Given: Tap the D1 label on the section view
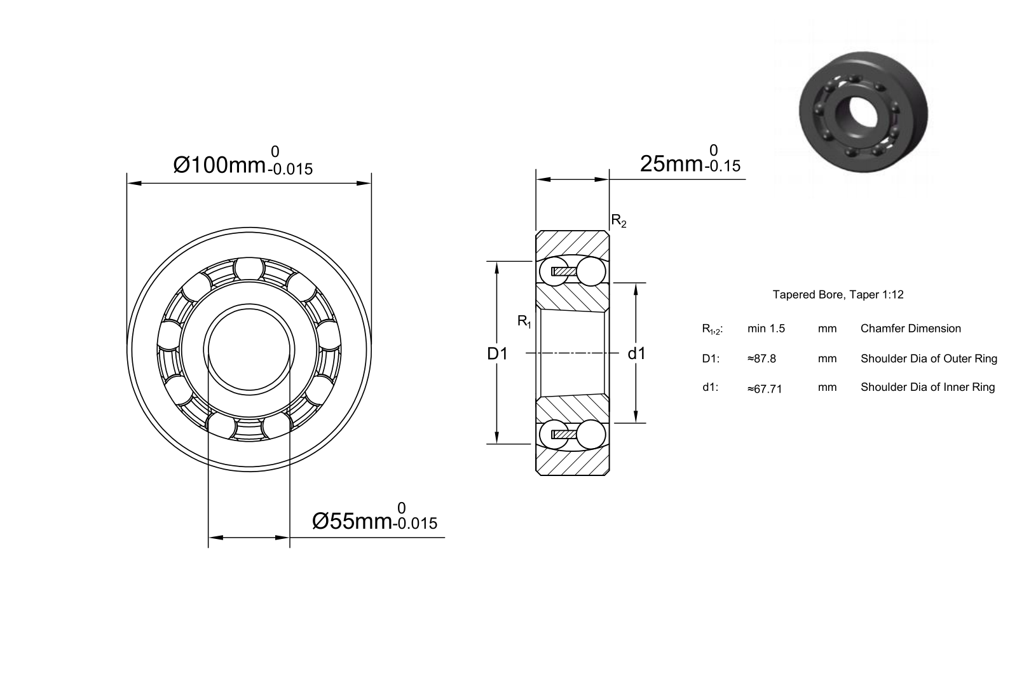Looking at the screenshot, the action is click(x=497, y=354).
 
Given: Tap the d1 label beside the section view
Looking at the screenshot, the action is click(x=637, y=354).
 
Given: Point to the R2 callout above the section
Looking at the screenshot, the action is click(x=618, y=221).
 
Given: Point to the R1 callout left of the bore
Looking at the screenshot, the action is click(x=524, y=322).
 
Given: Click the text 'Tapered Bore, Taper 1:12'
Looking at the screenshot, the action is click(x=838, y=294).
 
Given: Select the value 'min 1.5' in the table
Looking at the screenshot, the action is click(x=766, y=329).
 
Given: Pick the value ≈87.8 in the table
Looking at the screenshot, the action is click(x=761, y=359).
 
